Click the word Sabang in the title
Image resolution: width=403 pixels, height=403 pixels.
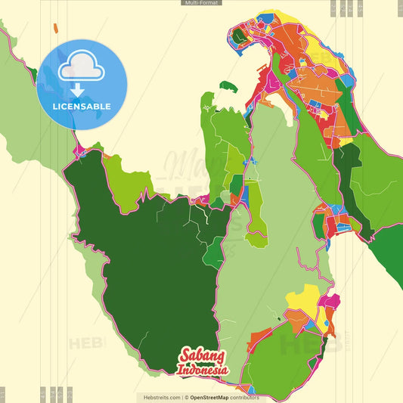[202, 357]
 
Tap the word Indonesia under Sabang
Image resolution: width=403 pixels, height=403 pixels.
[203, 370]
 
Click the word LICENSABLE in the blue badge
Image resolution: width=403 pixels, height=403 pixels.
[82, 107]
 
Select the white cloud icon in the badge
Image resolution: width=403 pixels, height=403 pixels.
[82, 67]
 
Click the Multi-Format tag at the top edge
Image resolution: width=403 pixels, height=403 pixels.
[201, 3]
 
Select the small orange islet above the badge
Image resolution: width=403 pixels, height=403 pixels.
[56, 28]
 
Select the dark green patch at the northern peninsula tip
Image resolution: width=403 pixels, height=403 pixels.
[239, 35]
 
